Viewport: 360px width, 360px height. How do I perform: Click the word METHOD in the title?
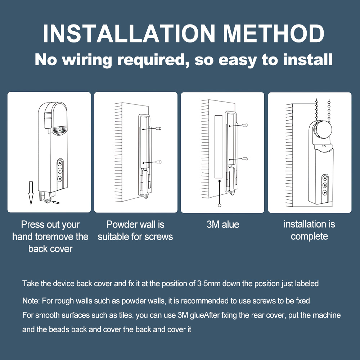[x=274, y=33]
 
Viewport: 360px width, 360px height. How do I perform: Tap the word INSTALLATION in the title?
[x=129, y=33]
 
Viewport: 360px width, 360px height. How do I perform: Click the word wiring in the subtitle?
[x=87, y=60]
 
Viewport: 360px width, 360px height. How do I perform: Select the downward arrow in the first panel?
[x=31, y=193]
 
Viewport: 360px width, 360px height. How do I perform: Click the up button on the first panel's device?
[x=60, y=163]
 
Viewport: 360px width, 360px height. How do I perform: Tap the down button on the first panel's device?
[x=60, y=179]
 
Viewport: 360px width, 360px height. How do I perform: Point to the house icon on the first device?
[x=60, y=129]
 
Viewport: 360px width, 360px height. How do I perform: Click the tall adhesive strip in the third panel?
[x=219, y=147]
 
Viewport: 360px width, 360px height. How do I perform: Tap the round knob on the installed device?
[x=323, y=130]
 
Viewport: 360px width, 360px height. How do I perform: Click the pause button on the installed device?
[x=325, y=185]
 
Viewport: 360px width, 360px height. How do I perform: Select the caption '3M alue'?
[x=223, y=225]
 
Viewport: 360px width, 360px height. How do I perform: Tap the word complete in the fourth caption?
[x=309, y=237]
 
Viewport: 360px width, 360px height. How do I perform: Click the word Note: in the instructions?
[x=31, y=301]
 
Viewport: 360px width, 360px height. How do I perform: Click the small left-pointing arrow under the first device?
[x=56, y=202]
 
